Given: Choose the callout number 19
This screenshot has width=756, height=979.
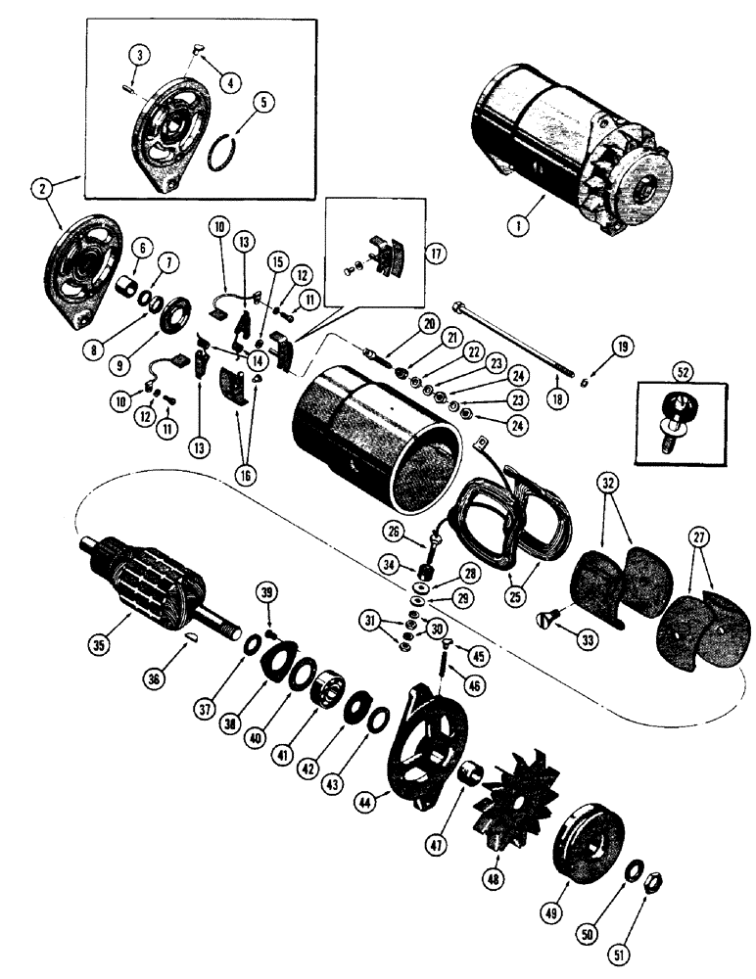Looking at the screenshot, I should coord(623,345).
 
